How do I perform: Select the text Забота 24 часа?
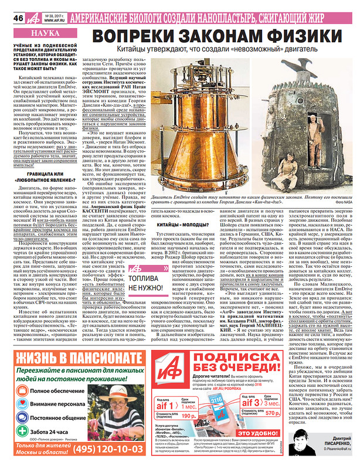(49, 429)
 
